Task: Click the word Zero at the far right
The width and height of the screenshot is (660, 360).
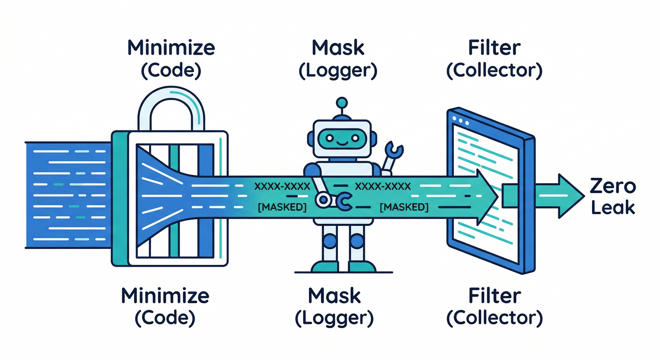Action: (613, 187)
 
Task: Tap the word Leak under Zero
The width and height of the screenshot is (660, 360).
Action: (613, 207)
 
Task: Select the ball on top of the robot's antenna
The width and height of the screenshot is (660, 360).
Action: (342, 102)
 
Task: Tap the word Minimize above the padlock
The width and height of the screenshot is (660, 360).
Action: (171, 48)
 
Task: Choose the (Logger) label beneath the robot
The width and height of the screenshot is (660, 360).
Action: (334, 318)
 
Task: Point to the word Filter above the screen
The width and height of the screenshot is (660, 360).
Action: (494, 48)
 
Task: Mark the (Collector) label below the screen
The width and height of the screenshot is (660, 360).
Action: (494, 318)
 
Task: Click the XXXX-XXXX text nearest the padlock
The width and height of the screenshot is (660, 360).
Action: (282, 187)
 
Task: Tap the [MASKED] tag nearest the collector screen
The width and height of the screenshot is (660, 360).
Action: (404, 207)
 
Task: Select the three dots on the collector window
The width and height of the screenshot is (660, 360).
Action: (461, 120)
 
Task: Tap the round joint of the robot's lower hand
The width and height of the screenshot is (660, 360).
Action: (322, 200)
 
